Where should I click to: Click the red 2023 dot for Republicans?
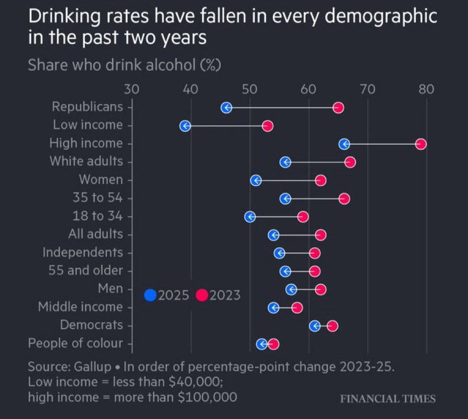point(338,108)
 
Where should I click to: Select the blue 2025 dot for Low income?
point(185,126)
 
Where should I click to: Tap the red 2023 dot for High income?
point(421,144)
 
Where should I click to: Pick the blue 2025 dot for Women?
point(256,181)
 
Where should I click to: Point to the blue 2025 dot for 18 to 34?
point(250,217)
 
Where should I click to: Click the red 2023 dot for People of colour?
point(273,344)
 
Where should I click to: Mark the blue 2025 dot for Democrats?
point(315,326)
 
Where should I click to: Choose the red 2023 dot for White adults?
point(350,162)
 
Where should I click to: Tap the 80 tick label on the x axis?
point(426,90)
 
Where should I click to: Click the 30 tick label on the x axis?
point(132,90)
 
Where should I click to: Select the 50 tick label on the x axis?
point(250,90)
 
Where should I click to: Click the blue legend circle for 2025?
point(150,295)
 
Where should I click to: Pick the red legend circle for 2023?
point(202,295)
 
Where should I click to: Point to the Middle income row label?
point(80,307)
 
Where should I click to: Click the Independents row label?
point(83,252)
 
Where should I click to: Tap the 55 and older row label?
point(86,271)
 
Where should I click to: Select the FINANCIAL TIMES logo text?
point(388,399)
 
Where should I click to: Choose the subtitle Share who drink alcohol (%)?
point(124,65)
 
